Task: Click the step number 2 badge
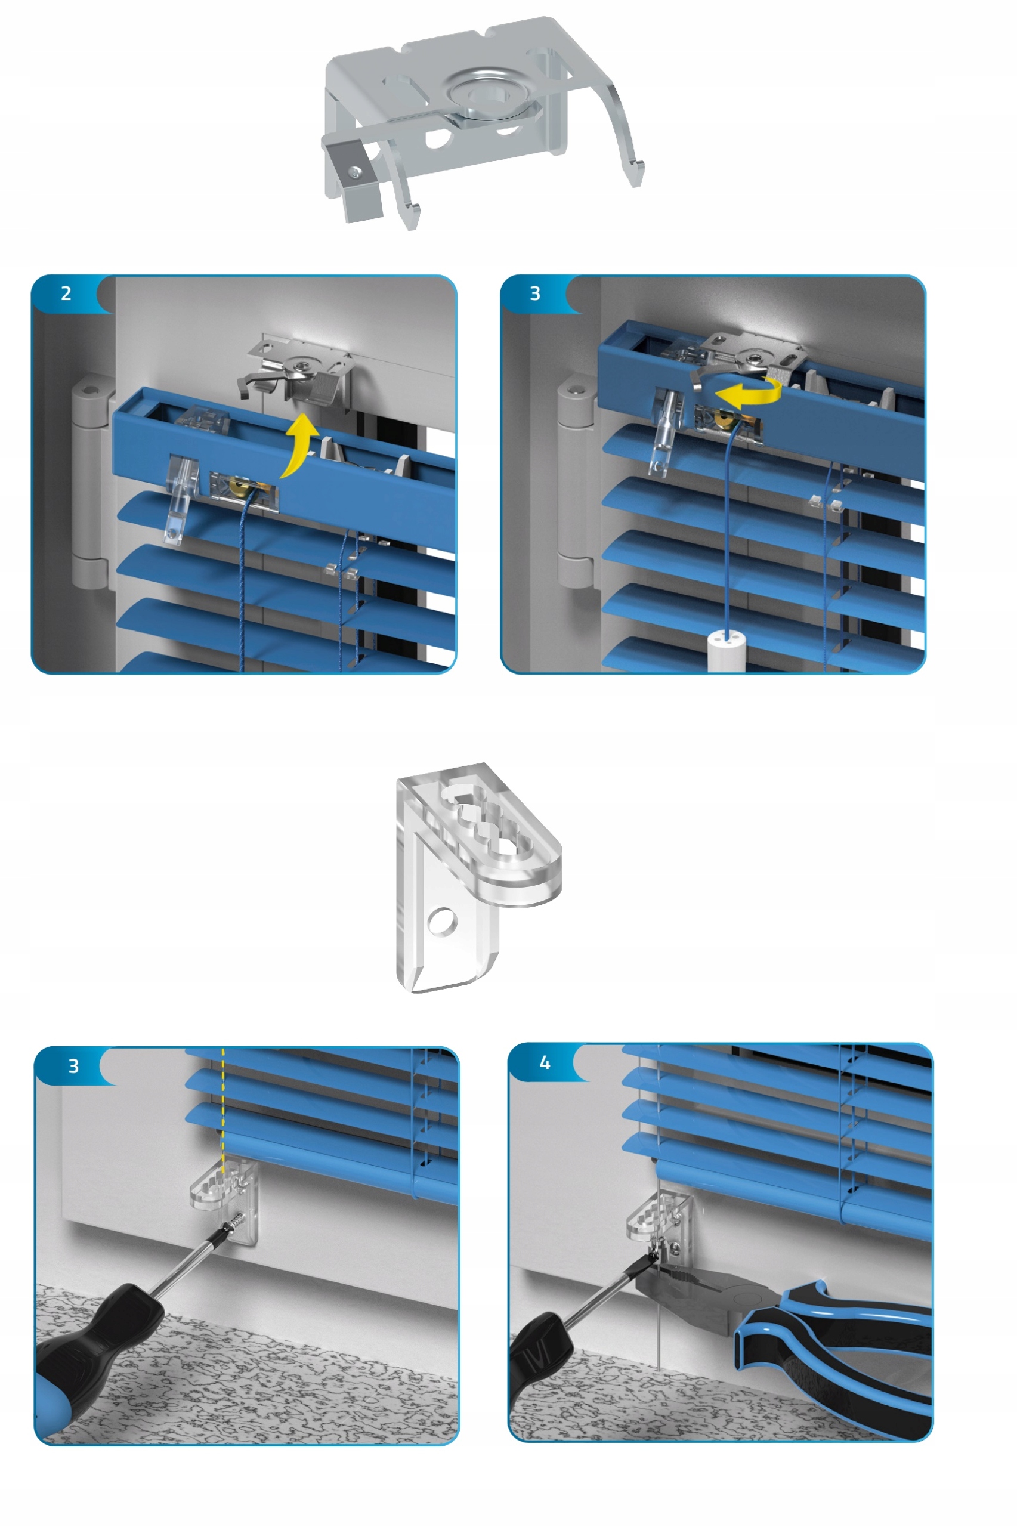66,293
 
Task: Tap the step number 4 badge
545,1063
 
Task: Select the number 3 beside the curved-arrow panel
535,293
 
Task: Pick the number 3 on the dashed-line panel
73,1066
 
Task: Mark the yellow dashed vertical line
223,1111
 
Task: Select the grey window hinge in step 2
89,483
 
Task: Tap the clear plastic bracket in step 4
659,1219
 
